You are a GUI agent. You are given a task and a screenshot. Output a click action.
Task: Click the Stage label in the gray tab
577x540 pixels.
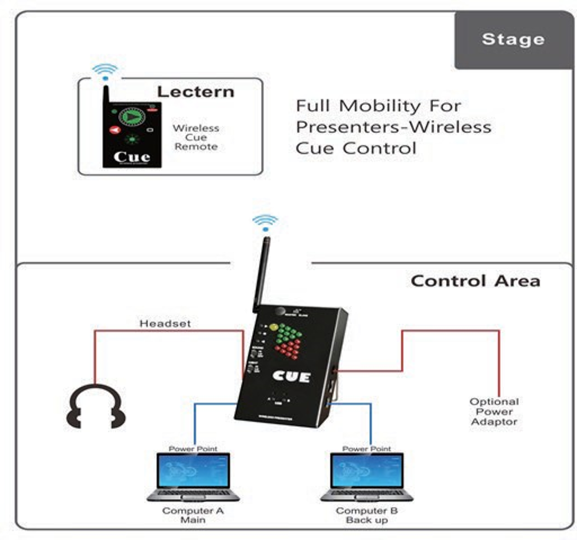pyautogui.click(x=513, y=40)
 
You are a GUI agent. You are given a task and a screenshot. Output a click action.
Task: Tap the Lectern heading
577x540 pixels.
pyautogui.click(x=195, y=91)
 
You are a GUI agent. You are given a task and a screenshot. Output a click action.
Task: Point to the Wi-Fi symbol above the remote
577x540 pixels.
pyautogui.click(x=105, y=71)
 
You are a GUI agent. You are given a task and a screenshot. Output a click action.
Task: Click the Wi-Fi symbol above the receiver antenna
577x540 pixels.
pyautogui.click(x=265, y=222)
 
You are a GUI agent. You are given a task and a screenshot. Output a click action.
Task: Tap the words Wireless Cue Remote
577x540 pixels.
pyautogui.click(x=195, y=137)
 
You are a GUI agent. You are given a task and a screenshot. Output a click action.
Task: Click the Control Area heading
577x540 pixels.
pyautogui.click(x=475, y=280)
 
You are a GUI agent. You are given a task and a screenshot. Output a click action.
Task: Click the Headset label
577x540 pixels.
pyautogui.click(x=158, y=323)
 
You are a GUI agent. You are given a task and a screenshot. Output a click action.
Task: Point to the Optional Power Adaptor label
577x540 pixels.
pyautogui.click(x=494, y=411)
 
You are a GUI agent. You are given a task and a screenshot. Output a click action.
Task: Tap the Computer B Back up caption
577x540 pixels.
pyautogui.click(x=367, y=515)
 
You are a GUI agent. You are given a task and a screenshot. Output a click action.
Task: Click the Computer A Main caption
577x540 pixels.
pyautogui.click(x=193, y=515)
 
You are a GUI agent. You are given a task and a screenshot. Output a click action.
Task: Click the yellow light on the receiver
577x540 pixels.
pyautogui.click(x=274, y=328)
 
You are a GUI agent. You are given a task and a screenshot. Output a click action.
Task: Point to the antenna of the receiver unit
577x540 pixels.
pyautogui.click(x=260, y=271)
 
